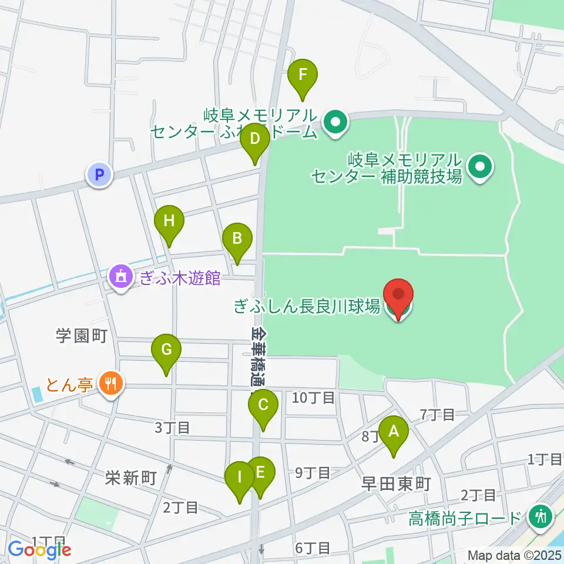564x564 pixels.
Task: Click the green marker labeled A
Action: coord(393,432)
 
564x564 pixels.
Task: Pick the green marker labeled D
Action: coord(255,140)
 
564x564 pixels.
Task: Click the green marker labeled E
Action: coord(260,472)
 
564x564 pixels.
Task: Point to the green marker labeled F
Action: coord(303,75)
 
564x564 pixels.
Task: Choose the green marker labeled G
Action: coord(166,350)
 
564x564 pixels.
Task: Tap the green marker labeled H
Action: coord(169,222)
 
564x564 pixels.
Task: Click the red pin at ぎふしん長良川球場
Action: coord(398,294)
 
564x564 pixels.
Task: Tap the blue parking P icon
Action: coord(99,174)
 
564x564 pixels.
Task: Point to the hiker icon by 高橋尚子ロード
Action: coord(539,517)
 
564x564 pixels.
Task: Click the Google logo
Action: coord(39,550)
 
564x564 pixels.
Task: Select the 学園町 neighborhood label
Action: coord(81,336)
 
